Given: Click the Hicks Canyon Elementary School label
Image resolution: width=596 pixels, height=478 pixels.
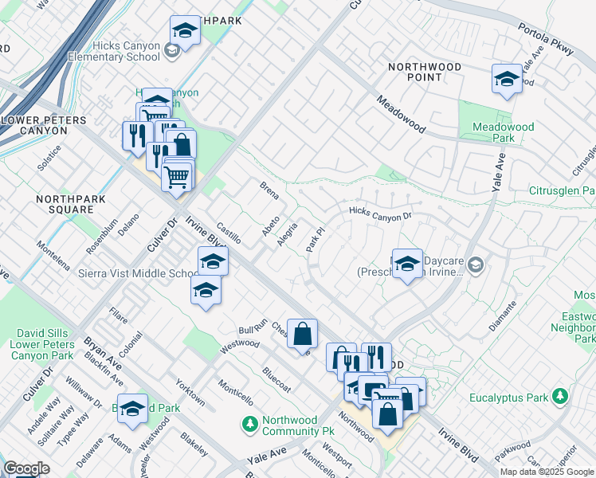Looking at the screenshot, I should pos(114,52).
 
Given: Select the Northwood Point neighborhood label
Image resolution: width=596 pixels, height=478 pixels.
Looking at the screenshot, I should pos(425,72).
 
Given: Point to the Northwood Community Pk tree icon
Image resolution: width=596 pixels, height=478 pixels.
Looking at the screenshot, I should pos(250,423).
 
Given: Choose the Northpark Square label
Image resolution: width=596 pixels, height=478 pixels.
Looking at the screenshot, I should pos(64,203).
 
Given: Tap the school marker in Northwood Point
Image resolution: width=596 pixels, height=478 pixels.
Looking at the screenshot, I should pos(506,78).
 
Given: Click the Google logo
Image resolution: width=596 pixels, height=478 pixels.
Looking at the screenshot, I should pos(26,468).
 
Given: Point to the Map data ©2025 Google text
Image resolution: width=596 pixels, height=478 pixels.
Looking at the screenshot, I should pos(546,472).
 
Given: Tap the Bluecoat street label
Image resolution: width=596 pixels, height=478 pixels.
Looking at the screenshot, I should pos(276,376).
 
